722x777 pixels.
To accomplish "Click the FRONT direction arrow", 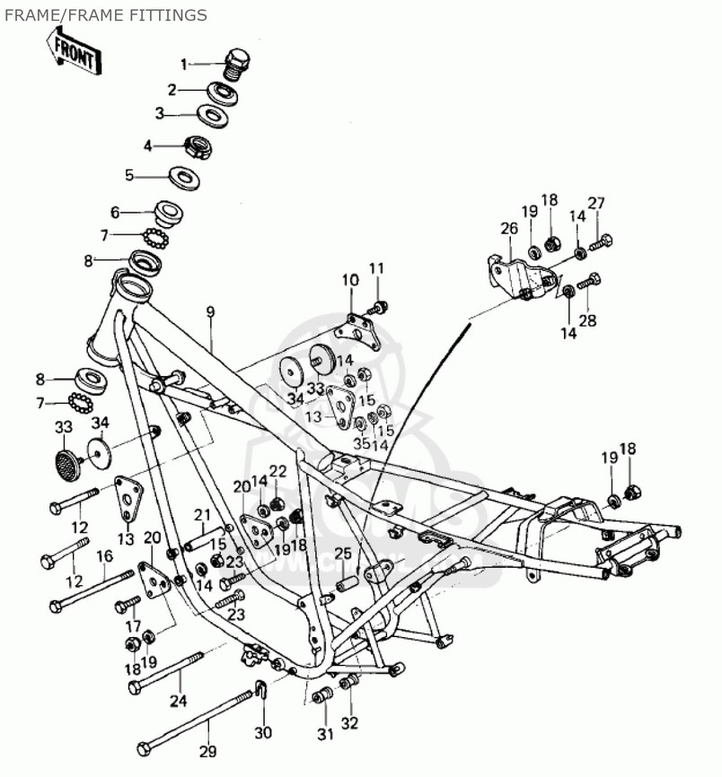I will point(76,51).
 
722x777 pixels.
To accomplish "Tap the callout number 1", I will point(183,64).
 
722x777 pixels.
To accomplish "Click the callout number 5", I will point(129,175).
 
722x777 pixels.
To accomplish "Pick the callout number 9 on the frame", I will point(210,313).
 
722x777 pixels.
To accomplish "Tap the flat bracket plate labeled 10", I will point(358,327).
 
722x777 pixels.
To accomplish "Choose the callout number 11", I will point(376,268).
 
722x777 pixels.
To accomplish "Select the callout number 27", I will point(596,203).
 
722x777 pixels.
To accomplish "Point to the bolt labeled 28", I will point(589,281).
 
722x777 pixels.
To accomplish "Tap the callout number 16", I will point(104,556).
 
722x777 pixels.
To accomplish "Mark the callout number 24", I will point(179,701).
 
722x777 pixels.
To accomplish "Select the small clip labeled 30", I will point(260,692).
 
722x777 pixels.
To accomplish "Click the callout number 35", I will point(359,442).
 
